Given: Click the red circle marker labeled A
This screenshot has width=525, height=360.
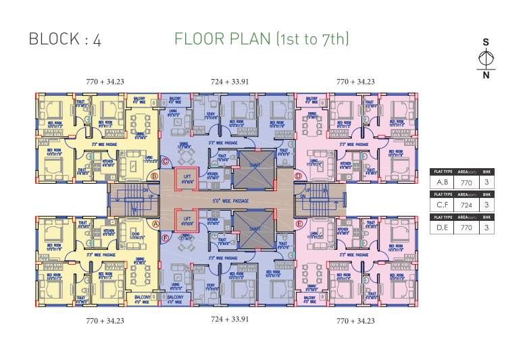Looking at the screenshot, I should point(155,224).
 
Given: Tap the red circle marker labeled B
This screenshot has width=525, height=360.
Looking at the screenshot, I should point(155,176).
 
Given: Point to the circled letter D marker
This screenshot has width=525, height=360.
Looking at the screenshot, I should point(298,176).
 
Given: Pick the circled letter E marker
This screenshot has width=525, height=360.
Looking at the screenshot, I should point(298,224).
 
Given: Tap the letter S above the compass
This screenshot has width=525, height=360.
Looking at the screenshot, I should point(485,42).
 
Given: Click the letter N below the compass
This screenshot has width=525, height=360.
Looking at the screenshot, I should point(485,75).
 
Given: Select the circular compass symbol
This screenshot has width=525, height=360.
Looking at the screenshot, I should point(485,58).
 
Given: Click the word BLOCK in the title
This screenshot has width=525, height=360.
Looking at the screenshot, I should point(53,38).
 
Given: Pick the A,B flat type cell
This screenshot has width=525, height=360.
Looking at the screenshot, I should point(444,182).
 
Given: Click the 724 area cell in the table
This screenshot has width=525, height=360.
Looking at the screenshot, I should point(466,204).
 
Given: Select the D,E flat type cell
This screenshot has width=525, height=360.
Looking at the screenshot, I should point(444,228).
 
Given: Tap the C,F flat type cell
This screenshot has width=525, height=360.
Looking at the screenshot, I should point(444,204).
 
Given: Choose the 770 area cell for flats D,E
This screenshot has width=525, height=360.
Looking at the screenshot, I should point(466,228).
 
